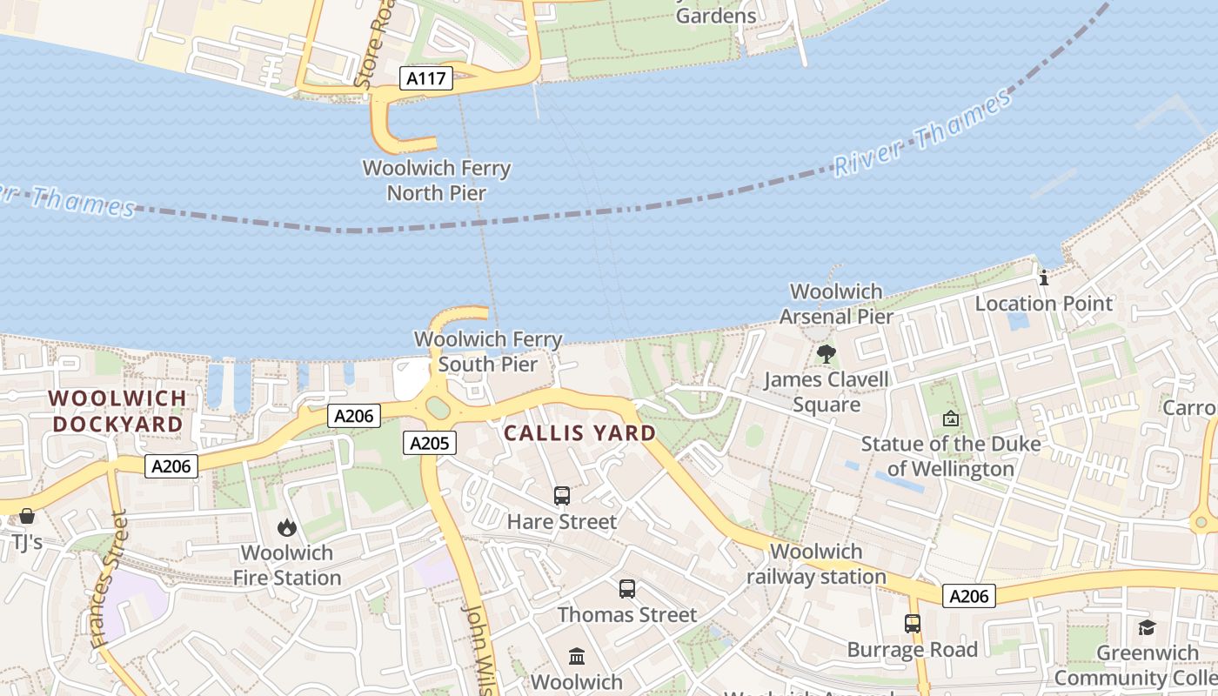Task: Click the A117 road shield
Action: pos(426,79)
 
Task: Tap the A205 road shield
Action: pos(430,444)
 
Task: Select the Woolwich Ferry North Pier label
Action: pos(436,180)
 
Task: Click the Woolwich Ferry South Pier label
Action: pos(488,351)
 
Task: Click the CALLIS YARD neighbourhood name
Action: pos(580,432)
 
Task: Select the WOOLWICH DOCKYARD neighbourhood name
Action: pos(117,412)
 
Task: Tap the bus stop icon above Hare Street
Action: pos(562,496)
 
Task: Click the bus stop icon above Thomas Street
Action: pos(627,589)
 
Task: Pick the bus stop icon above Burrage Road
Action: pos(913,624)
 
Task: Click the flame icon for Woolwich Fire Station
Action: pos(286,527)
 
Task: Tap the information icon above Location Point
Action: pos(1044,278)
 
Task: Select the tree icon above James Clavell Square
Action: pos(826,354)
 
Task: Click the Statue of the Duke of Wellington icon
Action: pos(951,418)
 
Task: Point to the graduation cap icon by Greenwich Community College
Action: pos(1147,627)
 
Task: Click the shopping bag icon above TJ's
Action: pos(27,516)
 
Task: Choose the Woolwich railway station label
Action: pos(816,564)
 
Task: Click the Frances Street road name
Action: pos(109,579)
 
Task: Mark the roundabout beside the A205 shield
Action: pos(438,407)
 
